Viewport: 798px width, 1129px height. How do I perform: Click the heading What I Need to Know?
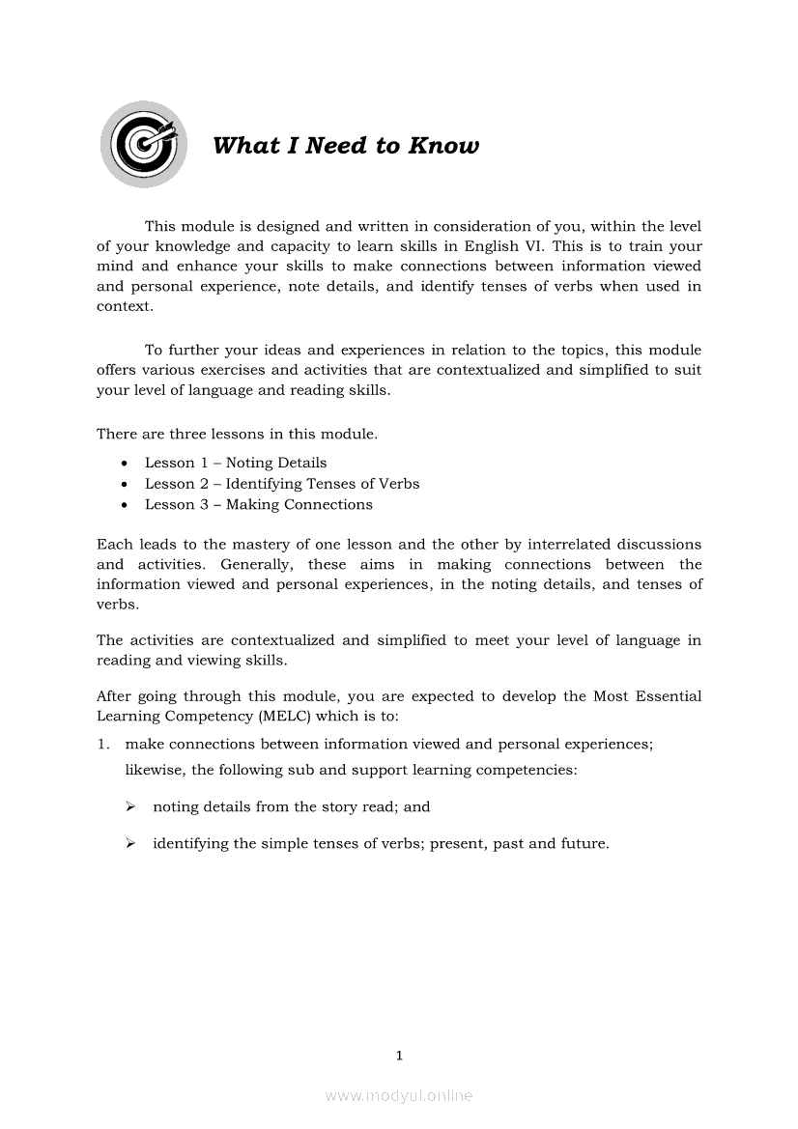coord(346,146)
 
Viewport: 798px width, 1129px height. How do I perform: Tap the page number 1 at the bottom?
coord(399,1056)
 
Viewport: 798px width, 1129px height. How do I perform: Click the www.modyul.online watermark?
coord(399,1095)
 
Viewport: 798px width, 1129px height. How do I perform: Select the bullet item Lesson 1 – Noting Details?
coord(236,463)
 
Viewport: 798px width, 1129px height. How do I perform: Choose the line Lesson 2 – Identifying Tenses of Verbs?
coord(282,484)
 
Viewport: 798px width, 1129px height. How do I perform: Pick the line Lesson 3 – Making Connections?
coord(258,504)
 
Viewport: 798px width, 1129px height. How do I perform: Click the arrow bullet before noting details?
coord(129,806)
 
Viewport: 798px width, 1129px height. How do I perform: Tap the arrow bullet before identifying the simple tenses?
coord(129,843)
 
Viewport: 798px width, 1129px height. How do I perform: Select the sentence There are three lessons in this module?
coord(237,435)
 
